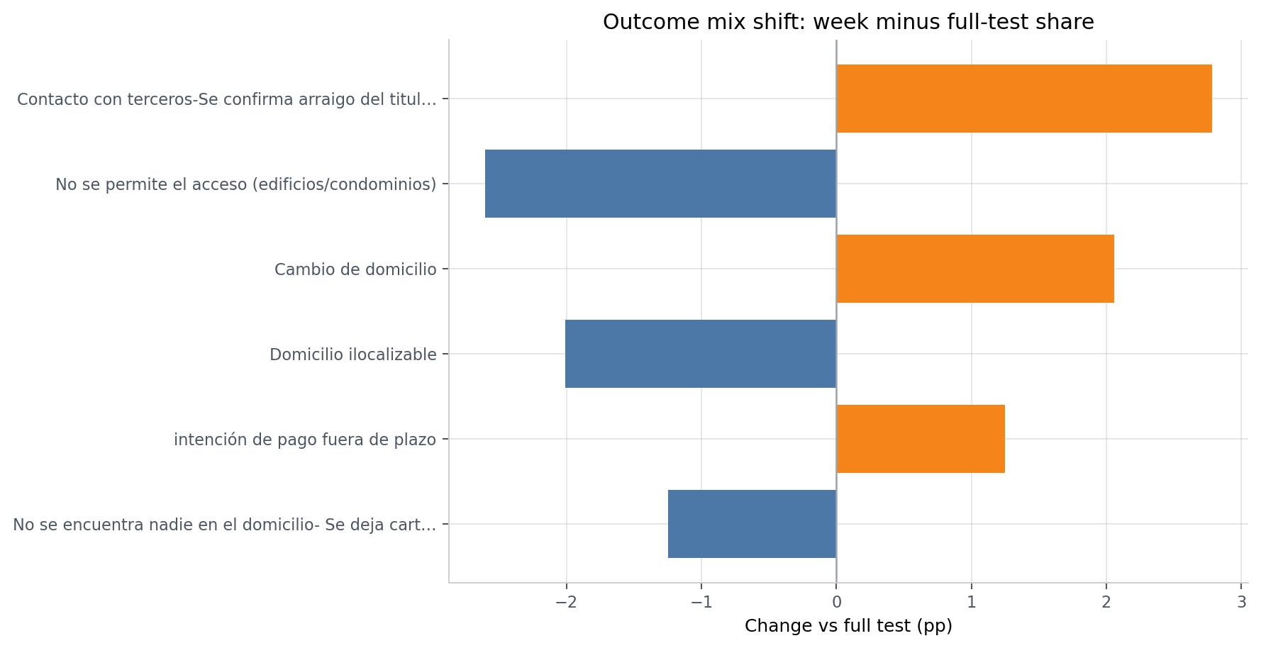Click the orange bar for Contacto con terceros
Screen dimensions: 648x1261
coord(1023,99)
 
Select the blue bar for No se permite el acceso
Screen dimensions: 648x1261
coord(660,184)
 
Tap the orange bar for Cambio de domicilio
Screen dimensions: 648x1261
coord(974,269)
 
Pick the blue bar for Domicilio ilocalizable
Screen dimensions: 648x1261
coord(701,354)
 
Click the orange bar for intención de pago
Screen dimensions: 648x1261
coord(921,439)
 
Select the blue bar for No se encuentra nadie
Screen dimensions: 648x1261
coord(752,524)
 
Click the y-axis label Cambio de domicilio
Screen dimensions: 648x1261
coord(355,269)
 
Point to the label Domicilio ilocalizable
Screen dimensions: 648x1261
coord(352,354)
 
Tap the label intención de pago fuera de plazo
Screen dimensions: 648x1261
coord(305,440)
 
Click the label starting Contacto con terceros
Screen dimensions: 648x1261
coord(226,99)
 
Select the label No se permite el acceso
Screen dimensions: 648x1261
coord(245,184)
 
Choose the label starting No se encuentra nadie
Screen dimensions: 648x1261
coord(224,525)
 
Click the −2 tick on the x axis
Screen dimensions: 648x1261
coord(565,603)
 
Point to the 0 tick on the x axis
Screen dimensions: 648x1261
coord(836,603)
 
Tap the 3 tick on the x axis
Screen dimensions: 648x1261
coord(1241,603)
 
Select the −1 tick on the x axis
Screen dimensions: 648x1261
coord(701,603)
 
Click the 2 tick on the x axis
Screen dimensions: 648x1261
coord(1106,603)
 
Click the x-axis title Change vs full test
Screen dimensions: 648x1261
coord(848,626)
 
